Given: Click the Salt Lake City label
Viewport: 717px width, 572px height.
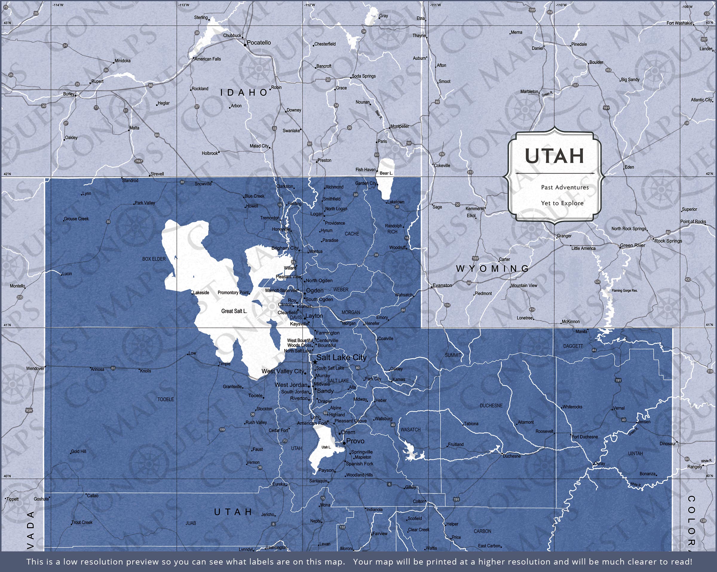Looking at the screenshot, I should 341,358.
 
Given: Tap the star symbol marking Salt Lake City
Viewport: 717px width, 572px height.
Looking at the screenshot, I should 315,362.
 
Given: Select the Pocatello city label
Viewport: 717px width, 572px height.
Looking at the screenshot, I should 259,43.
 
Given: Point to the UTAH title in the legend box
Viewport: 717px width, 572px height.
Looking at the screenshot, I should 554,156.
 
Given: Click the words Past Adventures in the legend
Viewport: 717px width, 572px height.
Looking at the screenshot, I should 565,187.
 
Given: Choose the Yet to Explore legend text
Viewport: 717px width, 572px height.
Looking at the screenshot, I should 562,203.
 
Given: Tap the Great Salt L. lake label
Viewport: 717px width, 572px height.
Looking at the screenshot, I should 234,311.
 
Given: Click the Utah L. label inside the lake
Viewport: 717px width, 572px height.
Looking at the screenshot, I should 326,447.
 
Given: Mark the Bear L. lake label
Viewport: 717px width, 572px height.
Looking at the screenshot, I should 386,173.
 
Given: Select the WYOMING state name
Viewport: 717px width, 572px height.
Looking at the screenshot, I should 492,269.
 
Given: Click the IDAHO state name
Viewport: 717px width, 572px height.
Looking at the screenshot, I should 244,93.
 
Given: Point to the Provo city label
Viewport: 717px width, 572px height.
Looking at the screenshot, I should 355,441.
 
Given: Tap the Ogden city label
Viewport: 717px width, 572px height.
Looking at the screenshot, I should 314,290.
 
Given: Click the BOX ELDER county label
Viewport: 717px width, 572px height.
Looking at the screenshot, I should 154,259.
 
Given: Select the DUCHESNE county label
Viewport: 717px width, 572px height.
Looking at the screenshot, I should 491,406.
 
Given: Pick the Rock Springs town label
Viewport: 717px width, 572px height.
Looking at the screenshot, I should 668,241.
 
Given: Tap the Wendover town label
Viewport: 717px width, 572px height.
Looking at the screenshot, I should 35,369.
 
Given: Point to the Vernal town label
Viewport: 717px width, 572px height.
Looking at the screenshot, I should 619,408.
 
